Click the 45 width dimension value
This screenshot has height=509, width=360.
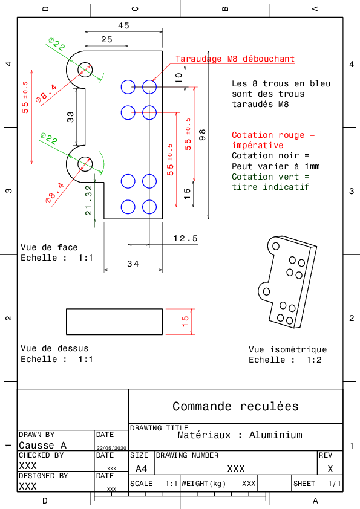[x=124, y=25]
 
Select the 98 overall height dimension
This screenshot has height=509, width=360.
[x=203, y=135]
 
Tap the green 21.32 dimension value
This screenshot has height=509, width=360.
[x=89, y=200]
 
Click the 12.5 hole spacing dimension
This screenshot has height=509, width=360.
[x=186, y=239]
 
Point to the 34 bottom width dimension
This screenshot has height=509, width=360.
[x=133, y=264]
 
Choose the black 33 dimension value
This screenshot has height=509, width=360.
[x=71, y=117]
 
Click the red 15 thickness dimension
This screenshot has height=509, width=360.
[x=185, y=322]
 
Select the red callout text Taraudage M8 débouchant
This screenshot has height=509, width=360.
[x=235, y=59]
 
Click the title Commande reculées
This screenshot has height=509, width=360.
[x=235, y=406]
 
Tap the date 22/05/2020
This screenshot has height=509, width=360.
[x=111, y=448]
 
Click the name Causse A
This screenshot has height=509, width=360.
[x=42, y=446]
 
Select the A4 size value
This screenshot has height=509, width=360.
[x=142, y=469]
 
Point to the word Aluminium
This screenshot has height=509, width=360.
[x=276, y=435]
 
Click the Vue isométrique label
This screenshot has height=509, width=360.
[x=288, y=349]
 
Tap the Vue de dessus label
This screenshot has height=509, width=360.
[x=54, y=349]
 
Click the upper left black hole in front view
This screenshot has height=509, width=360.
[x=85, y=70]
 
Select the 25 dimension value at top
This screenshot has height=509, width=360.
[x=106, y=40]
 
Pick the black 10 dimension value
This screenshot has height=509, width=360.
[x=178, y=78]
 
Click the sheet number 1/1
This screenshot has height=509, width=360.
[x=335, y=484]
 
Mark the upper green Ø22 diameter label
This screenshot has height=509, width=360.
[x=56, y=44]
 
